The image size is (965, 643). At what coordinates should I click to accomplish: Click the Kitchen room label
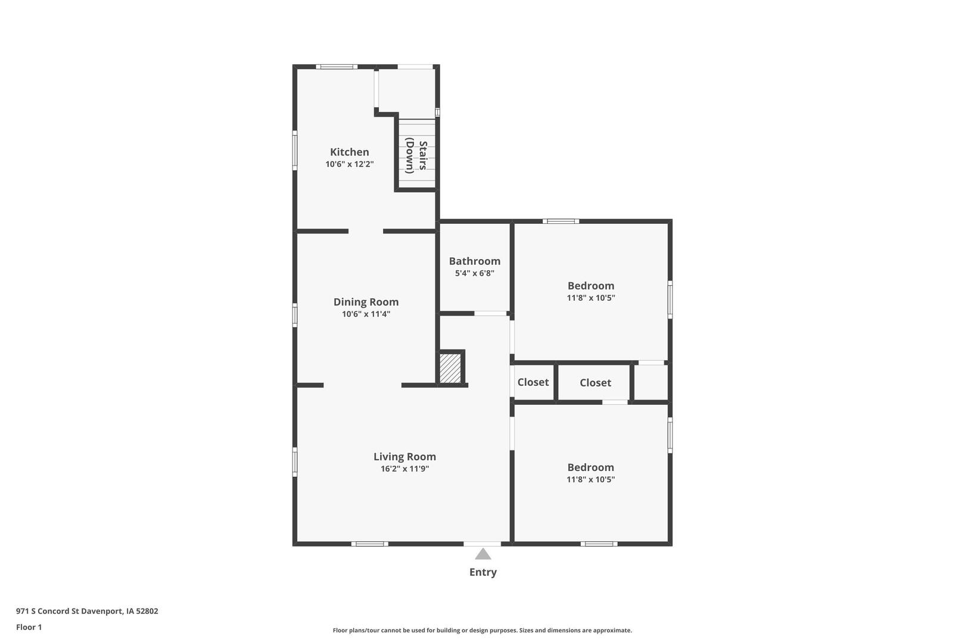point(350,152)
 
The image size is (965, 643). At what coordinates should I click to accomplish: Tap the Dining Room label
point(366,302)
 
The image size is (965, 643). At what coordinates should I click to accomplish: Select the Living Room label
point(404,457)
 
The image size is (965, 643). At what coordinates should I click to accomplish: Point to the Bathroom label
point(475,261)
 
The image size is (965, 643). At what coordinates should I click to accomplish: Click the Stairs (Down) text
point(416,155)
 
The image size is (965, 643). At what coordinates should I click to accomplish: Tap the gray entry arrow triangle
point(483,554)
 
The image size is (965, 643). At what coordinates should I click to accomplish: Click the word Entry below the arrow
point(483,572)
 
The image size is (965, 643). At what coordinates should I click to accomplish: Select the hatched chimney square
point(450,368)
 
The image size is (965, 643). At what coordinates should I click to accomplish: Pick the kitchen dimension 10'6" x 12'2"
point(350,164)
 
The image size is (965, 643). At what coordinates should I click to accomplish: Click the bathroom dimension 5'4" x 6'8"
point(475,273)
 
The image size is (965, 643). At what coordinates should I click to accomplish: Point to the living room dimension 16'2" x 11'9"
point(404,469)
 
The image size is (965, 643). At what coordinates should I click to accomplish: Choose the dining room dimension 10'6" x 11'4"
point(366,314)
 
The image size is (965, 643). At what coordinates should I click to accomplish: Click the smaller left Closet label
point(533,382)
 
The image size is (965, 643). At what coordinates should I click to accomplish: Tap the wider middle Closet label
point(595,382)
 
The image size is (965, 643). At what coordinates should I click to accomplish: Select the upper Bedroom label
point(591,286)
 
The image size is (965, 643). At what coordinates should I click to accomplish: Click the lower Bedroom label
point(591,467)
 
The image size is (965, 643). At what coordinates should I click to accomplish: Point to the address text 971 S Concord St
point(48,611)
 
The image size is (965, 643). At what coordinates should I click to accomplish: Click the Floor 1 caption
point(29,627)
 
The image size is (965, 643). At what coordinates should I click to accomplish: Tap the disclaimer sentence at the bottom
point(482,630)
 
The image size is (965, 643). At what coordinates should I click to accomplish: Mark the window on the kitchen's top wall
point(337,67)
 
